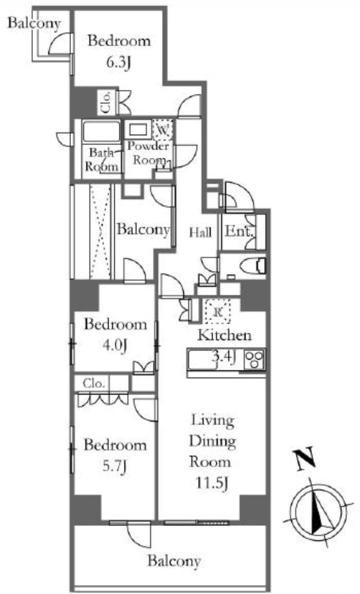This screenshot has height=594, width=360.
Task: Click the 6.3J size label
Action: coord(119,61)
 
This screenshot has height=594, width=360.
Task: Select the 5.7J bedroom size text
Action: coord(114,466)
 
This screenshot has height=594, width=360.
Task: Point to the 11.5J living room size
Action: coord(212,483)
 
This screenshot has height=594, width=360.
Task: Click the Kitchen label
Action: coord(225,335)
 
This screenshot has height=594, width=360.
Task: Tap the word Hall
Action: coord(200,232)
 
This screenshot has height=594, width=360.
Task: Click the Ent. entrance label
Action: coord(239,231)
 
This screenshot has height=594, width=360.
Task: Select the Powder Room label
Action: coord(149,153)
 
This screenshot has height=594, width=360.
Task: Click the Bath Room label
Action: coord(102,159)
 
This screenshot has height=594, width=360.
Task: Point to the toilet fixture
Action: coord(253,266)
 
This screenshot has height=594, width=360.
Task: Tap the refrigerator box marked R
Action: coord(217,312)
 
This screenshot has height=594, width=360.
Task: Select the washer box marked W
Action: coord(162,130)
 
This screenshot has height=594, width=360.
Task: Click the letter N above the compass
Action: coord(305,459)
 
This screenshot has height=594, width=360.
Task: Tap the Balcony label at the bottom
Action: coord(174,560)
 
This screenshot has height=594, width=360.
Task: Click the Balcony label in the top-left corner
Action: coord(34,23)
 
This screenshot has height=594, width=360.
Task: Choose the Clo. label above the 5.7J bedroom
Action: coord(94,383)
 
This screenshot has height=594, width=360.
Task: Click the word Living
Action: coord(212,421)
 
